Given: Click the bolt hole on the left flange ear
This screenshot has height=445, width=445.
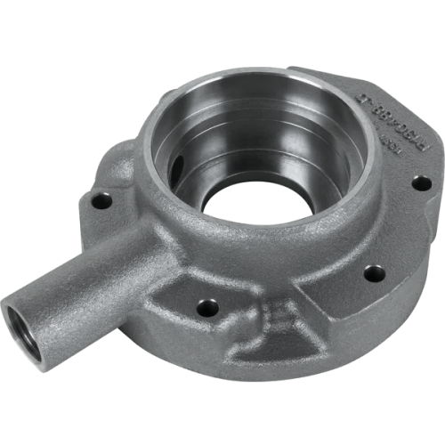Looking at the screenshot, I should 101,201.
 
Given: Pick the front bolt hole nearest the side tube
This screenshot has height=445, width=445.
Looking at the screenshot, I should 207,308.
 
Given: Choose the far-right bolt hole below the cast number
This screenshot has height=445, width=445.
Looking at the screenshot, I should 421,182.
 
